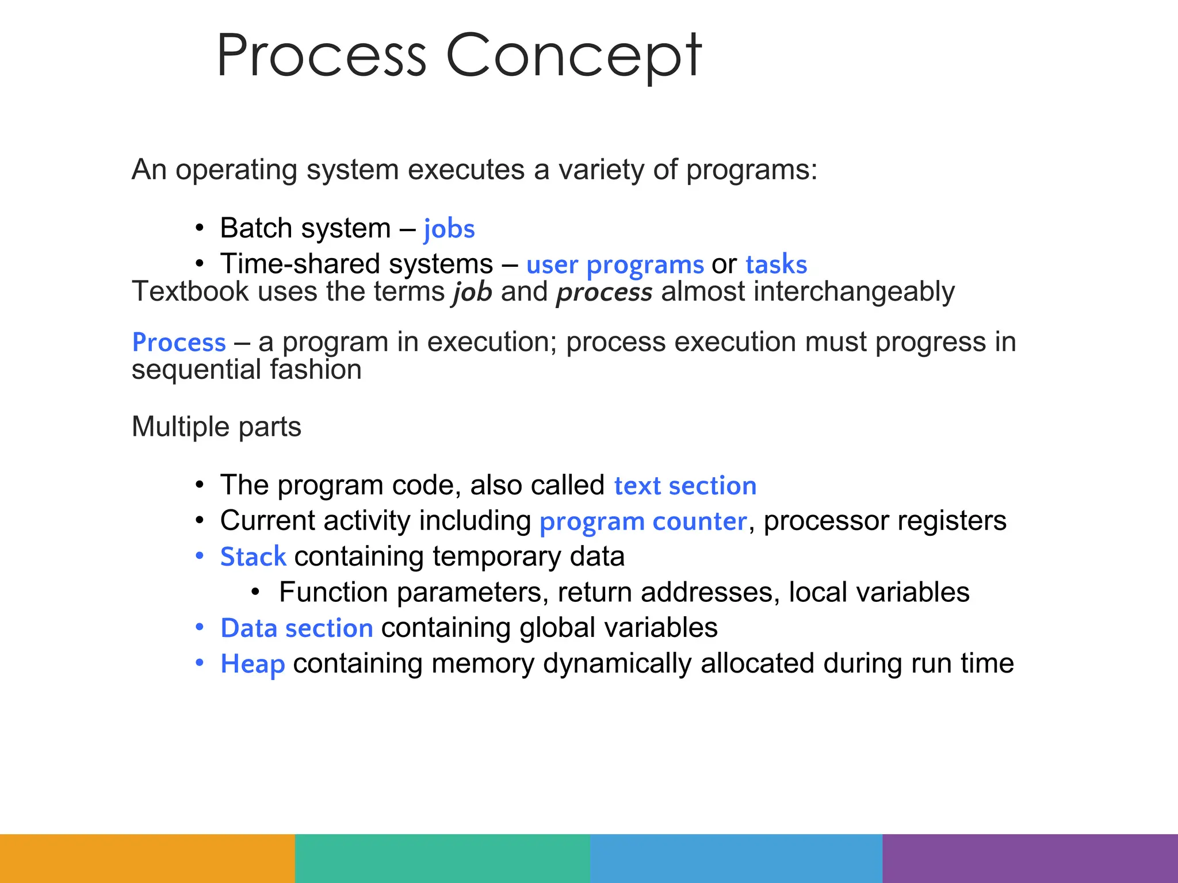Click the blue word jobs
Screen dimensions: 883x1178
[449, 229]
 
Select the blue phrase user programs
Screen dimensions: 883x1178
[615, 264]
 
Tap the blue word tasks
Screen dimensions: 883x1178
[776, 264]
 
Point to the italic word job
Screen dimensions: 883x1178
[472, 291]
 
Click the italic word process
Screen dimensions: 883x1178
[604, 291]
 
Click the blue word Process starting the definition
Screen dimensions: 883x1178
[179, 342]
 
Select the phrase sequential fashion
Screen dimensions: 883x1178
[246, 370]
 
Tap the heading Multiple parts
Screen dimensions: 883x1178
[216, 427]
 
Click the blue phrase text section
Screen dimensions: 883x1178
[685, 486]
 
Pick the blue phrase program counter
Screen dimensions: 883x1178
[643, 521]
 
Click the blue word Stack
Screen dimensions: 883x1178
[253, 557]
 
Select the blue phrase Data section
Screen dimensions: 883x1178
[297, 628]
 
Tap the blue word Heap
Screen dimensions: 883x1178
[253, 664]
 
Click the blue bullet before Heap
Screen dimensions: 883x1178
[200, 663]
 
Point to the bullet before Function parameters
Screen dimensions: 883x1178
[257, 592]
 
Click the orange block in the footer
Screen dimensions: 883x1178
[147, 858]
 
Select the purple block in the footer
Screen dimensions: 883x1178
[1030, 858]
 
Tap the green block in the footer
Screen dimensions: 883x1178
[442, 858]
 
